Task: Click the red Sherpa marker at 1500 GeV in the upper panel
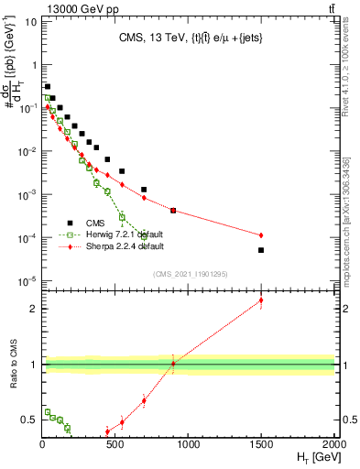[x=261, y=234]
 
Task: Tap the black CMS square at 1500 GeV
[x=261, y=250]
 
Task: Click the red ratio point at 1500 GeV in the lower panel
[x=261, y=300]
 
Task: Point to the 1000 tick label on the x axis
[x=188, y=444]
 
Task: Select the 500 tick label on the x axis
[x=115, y=444]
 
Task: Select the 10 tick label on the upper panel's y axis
[x=31, y=21]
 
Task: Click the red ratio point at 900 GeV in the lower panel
[x=173, y=364]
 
